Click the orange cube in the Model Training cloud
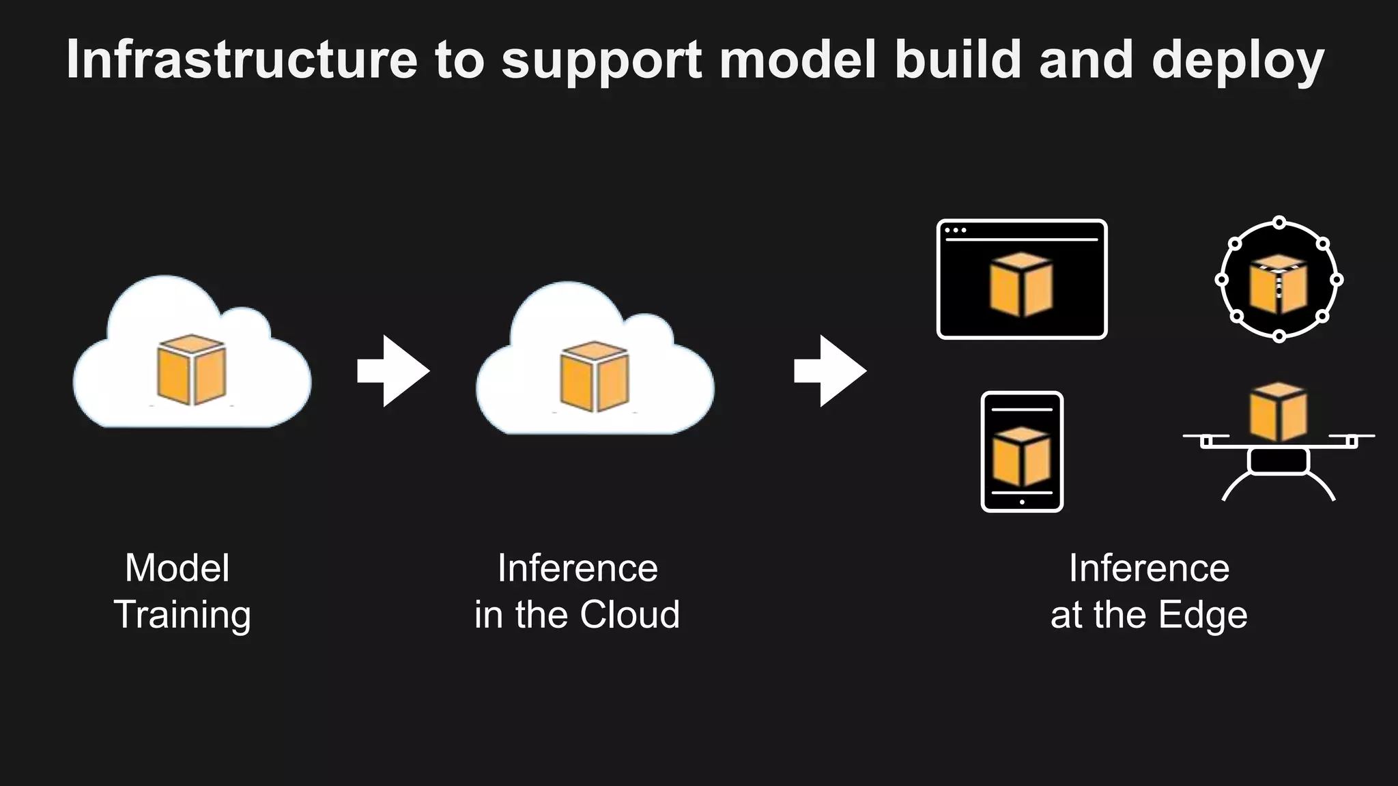point(191,369)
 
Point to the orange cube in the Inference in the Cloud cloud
point(594,376)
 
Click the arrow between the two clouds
point(393,371)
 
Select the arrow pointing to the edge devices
point(830,371)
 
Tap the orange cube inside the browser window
point(1021,285)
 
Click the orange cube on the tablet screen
point(1021,456)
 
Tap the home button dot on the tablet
point(1022,502)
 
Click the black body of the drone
point(1278,461)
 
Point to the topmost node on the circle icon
point(1279,222)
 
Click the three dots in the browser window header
point(955,231)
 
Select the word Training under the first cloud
point(182,615)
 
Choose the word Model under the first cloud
point(177,568)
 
